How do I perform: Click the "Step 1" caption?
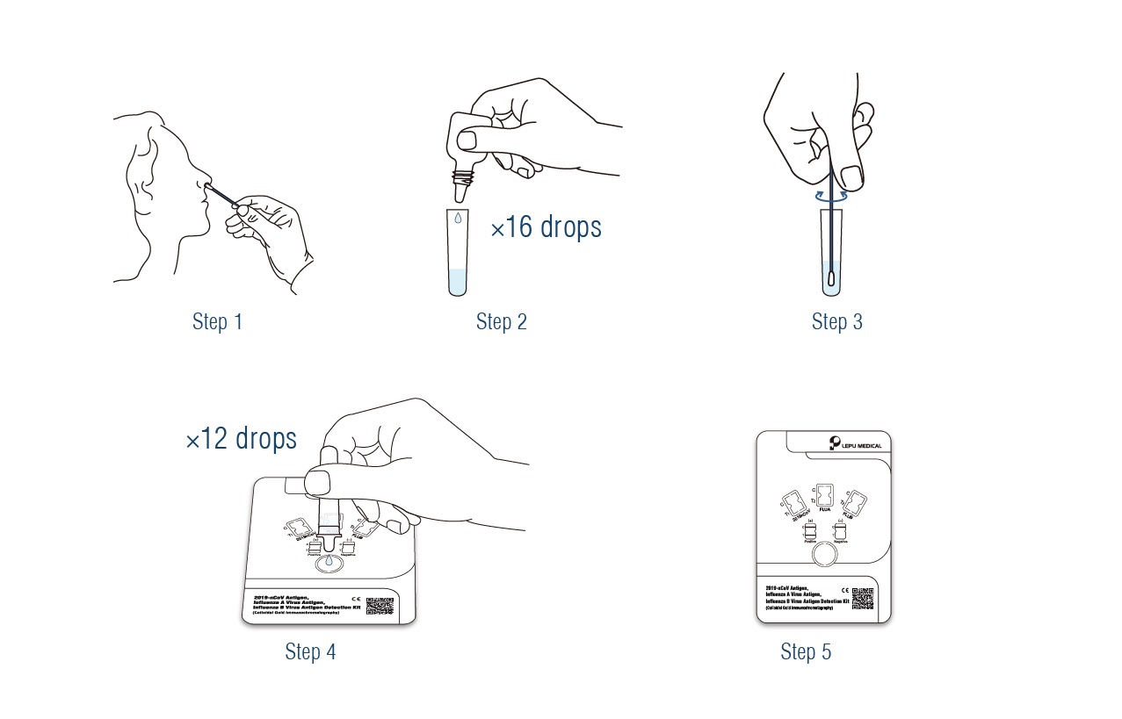217,322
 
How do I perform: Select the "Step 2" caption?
501,322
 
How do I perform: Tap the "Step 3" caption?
836,322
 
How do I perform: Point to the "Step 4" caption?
310,651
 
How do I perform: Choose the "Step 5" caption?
805,651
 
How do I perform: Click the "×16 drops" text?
546,227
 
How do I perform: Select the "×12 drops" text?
241,439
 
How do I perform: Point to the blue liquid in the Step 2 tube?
457,282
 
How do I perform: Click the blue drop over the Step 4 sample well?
329,561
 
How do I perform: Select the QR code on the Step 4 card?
379,606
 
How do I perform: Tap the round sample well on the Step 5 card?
823,554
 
